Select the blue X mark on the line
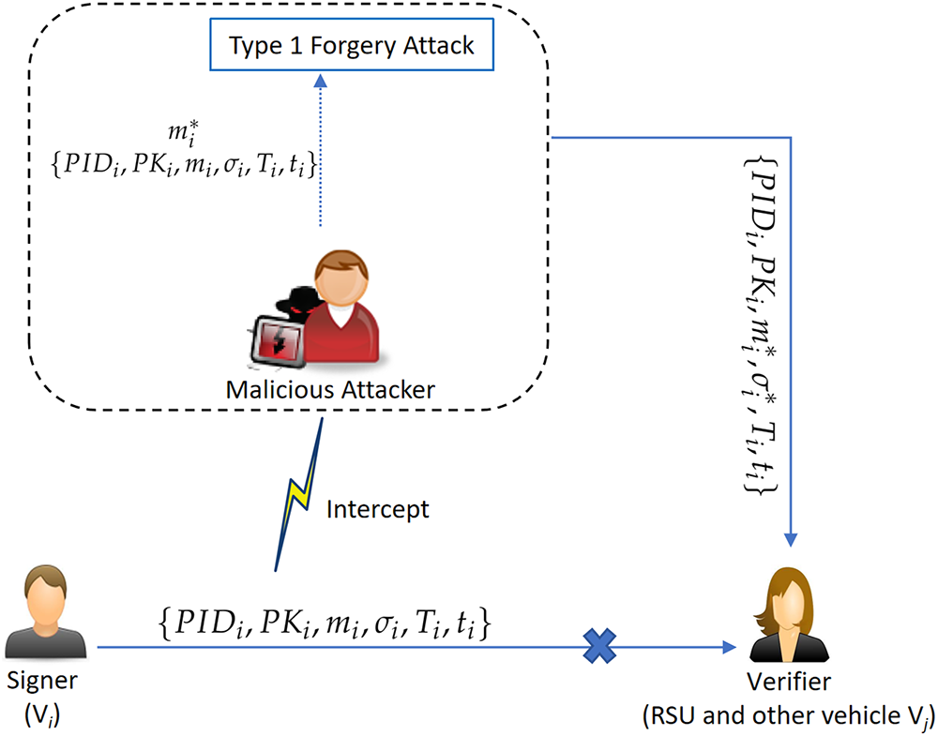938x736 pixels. (598, 645)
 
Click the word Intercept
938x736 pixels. (377, 510)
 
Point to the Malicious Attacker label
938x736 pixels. (330, 388)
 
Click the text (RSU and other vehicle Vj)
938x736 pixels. (786, 716)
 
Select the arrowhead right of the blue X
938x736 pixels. (729, 646)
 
